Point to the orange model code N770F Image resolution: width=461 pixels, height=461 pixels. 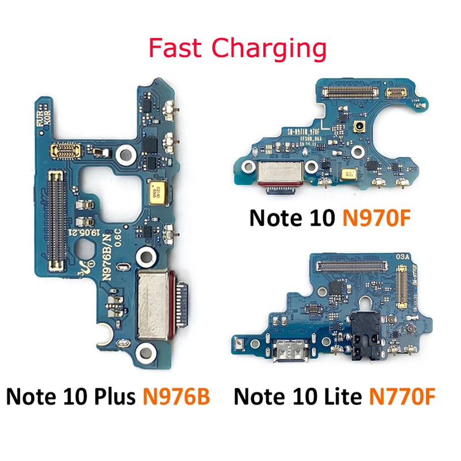tap(398, 398)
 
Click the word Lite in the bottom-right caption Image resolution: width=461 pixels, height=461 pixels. tap(332, 398)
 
